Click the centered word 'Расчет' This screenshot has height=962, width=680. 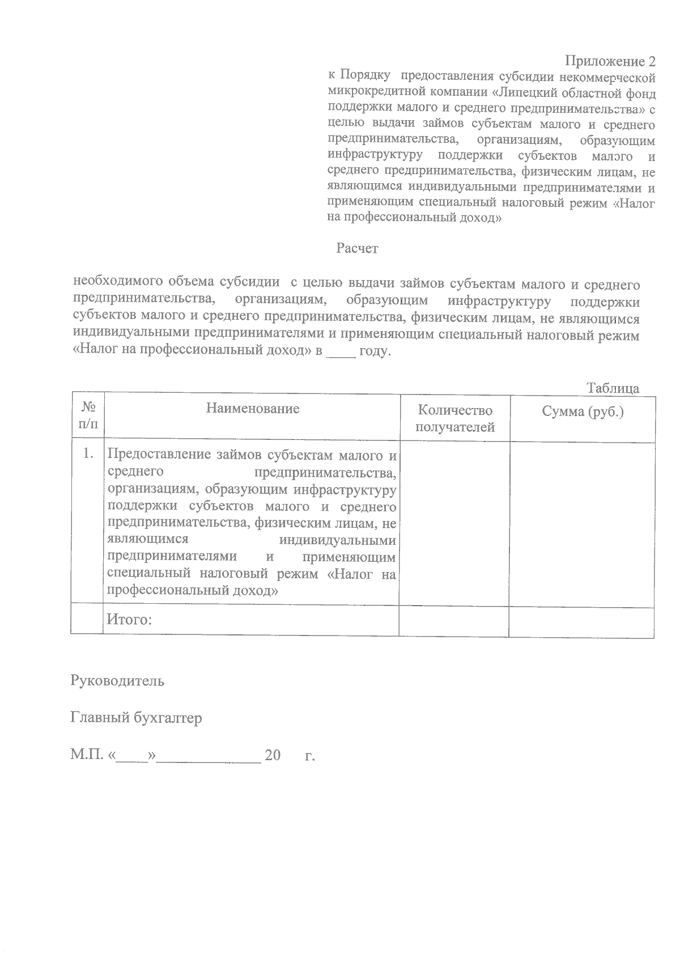(x=357, y=248)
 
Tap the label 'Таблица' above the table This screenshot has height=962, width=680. (x=613, y=388)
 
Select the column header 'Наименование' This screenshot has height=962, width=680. (x=253, y=408)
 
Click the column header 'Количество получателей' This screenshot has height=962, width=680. (x=454, y=418)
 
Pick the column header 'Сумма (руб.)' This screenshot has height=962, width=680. (x=583, y=412)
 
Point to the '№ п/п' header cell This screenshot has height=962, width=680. (x=88, y=416)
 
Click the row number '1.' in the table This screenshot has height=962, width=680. (x=88, y=454)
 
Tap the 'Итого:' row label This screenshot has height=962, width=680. (x=130, y=620)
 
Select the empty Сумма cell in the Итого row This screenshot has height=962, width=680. (x=581, y=620)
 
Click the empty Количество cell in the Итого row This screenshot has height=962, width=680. (x=454, y=620)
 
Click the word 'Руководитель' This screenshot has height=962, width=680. (x=117, y=680)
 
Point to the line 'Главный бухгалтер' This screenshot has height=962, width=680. (x=136, y=718)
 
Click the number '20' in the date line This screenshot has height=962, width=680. (x=273, y=756)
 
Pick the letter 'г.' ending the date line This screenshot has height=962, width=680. (x=309, y=756)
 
